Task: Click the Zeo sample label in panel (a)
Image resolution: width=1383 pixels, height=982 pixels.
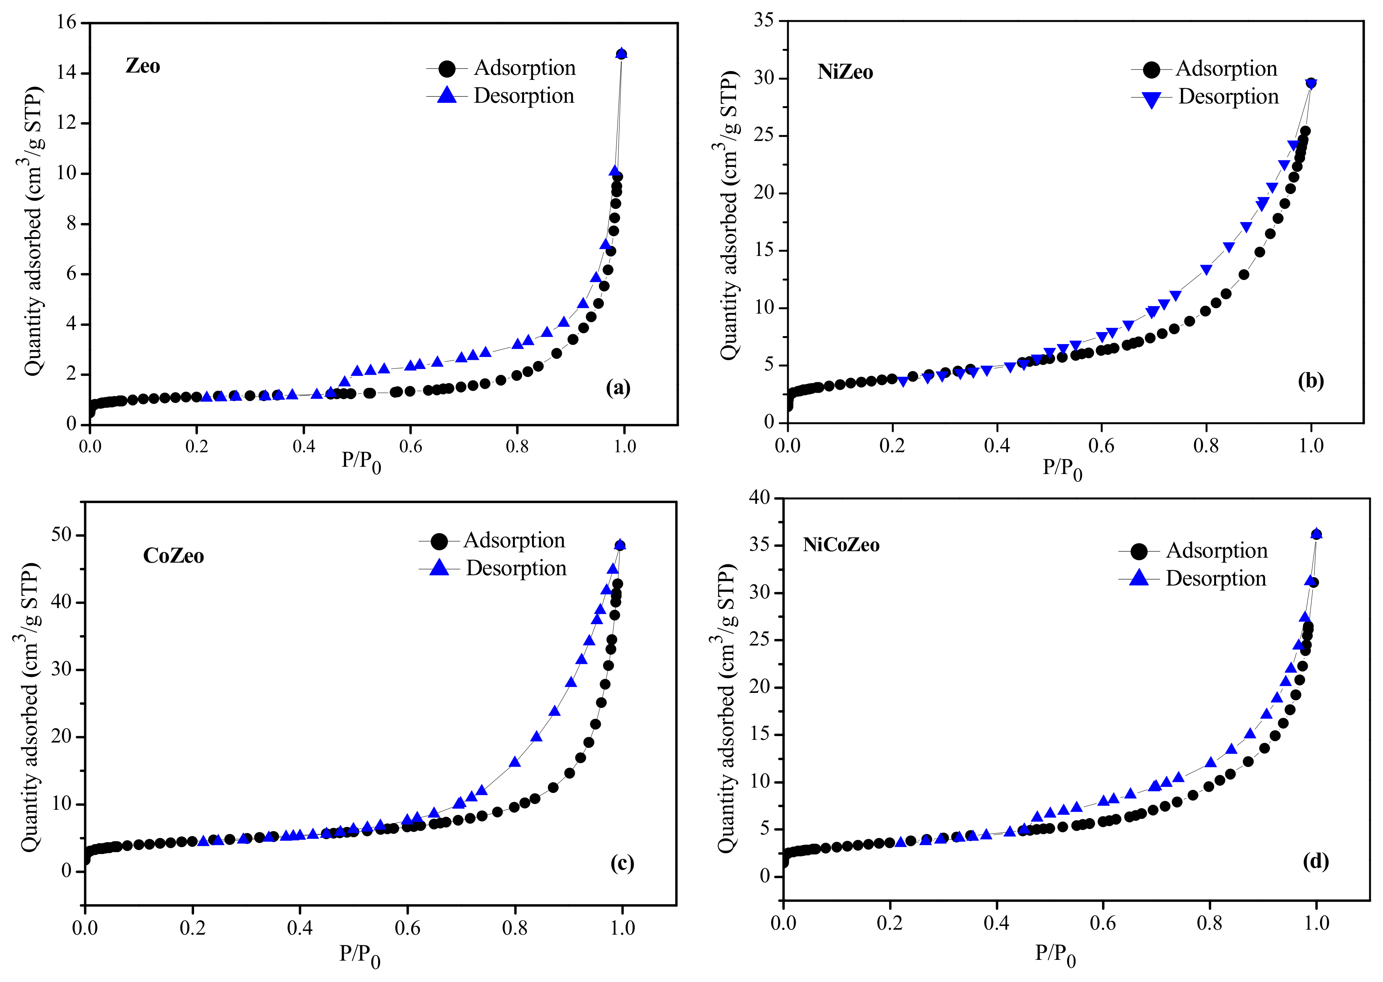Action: pos(143,66)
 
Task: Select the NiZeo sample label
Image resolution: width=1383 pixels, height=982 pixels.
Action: pos(845,72)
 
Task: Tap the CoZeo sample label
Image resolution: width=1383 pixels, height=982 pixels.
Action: pos(173,556)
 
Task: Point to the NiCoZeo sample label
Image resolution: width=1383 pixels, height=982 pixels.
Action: pos(841,545)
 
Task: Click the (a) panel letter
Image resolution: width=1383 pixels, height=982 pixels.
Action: pos(618,388)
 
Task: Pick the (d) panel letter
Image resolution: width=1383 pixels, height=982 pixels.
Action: pos(1316,861)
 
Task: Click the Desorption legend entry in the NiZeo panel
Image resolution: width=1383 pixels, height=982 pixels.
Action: pos(1228,97)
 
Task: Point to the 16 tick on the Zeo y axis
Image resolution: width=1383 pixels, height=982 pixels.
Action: pos(67,23)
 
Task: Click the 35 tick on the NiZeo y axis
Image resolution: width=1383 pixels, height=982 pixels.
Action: pos(764,21)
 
